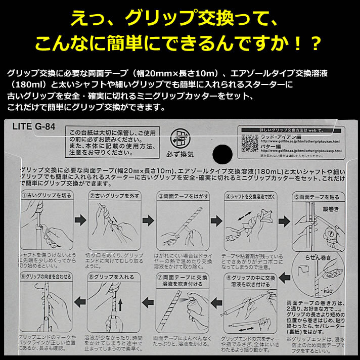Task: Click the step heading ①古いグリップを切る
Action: click(x=49, y=195)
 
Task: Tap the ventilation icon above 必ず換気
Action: click(x=177, y=138)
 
